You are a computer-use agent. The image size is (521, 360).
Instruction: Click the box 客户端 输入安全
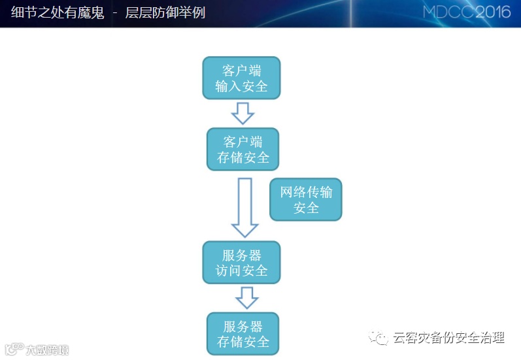(x=242, y=78)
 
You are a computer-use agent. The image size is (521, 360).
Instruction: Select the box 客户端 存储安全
(x=243, y=150)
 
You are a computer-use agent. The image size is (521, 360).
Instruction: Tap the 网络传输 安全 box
(x=306, y=199)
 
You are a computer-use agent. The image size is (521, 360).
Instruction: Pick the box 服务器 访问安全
(x=242, y=262)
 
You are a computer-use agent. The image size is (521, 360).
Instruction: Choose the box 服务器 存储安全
(x=243, y=333)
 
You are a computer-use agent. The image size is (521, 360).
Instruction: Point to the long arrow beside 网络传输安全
(x=244, y=206)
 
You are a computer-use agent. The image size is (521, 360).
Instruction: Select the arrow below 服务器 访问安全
(x=246, y=298)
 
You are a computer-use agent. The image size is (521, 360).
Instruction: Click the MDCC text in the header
(x=448, y=12)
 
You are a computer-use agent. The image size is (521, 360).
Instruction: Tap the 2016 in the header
(x=493, y=12)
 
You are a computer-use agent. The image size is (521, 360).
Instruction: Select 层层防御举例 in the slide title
(x=165, y=12)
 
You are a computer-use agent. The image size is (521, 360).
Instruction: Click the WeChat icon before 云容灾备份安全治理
(x=380, y=338)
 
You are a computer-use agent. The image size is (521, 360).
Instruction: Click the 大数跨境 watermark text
(x=47, y=350)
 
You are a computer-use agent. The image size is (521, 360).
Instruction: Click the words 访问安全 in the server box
(x=242, y=270)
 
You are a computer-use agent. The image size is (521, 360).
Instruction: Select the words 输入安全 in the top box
(x=242, y=86)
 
